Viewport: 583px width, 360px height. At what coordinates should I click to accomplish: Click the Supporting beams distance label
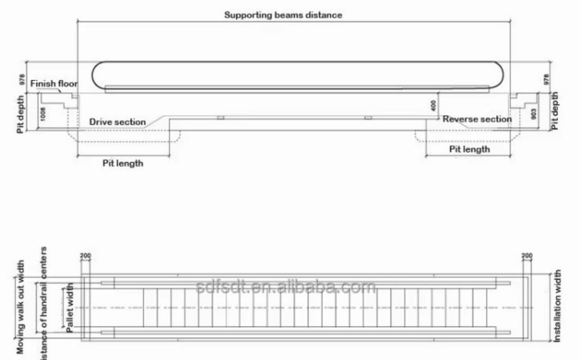coord(283,15)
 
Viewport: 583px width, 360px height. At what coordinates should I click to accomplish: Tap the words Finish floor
coord(54,84)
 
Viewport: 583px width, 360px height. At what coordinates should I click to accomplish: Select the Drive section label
coord(117,122)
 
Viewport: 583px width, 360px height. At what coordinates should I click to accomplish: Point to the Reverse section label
coord(477,119)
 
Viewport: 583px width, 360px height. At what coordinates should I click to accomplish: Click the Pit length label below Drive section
coord(123,163)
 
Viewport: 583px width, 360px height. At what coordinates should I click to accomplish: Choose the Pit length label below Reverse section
coord(469,149)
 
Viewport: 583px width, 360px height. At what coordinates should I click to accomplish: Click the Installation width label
coord(558,306)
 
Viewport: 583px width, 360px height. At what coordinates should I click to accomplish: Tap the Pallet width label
coord(70,307)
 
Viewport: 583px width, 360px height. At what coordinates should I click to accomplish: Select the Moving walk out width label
coord(21,307)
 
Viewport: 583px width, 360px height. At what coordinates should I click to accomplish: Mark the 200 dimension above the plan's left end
coord(85,256)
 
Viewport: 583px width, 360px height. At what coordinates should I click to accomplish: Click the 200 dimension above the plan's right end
coord(527,256)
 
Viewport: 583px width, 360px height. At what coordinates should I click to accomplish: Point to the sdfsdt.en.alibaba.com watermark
coord(285,287)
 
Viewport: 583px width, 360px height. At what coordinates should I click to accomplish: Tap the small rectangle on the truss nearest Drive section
coord(220,117)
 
